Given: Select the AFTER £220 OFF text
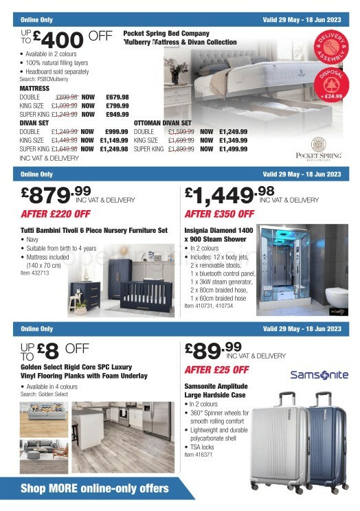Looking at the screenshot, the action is [54, 214].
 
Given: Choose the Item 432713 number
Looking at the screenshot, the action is [36, 273].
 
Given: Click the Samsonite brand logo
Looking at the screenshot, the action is [319, 375].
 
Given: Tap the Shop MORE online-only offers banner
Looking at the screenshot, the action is [94, 489].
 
